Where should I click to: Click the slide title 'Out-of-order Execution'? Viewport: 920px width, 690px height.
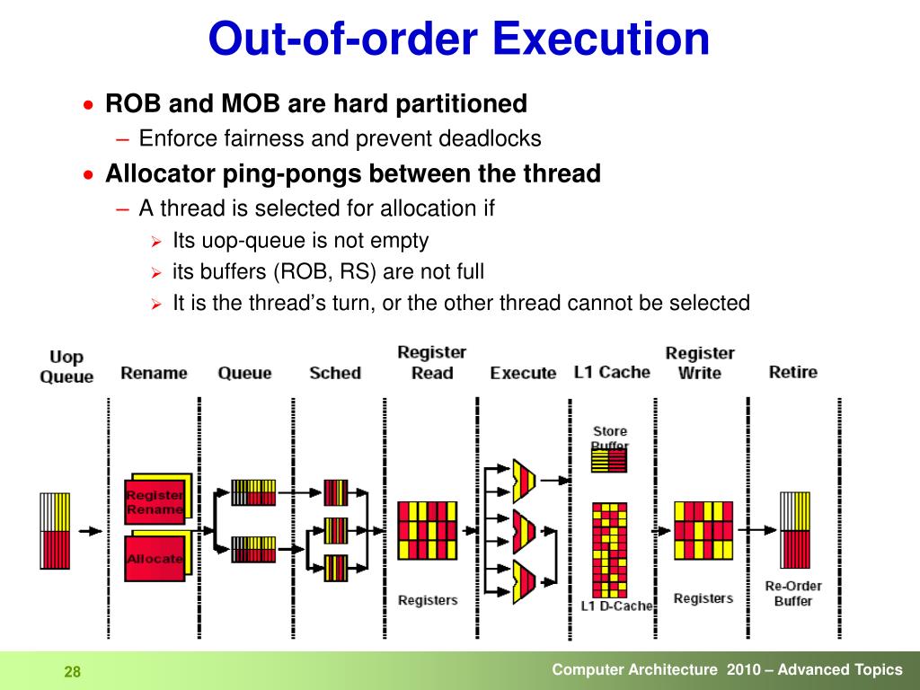pyautogui.click(x=459, y=40)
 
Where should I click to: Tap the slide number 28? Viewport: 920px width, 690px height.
pyautogui.click(x=72, y=673)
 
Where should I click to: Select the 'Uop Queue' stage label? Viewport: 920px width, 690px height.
pyautogui.click(x=66, y=367)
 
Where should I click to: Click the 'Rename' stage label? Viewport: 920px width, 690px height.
pyautogui.click(x=154, y=373)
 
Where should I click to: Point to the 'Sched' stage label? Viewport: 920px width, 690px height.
pyautogui.click(x=335, y=373)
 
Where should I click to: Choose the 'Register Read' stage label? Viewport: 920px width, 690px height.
pyautogui.click(x=431, y=362)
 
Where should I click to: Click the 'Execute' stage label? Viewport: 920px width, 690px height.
pyautogui.click(x=523, y=373)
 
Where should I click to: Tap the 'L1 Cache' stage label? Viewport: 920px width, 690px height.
pyautogui.click(x=612, y=372)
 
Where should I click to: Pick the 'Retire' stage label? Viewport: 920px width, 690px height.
pyautogui.click(x=792, y=372)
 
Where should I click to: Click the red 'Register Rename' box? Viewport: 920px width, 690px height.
pyautogui.click(x=155, y=501)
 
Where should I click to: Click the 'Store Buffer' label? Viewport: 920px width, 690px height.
pyautogui.click(x=610, y=438)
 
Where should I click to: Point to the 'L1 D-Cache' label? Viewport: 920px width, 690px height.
pyautogui.click(x=616, y=606)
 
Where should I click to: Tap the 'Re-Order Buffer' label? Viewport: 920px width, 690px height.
pyautogui.click(x=792, y=594)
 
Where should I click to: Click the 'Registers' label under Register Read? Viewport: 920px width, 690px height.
pyautogui.click(x=428, y=599)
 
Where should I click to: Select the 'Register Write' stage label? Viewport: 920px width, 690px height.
pyautogui.click(x=700, y=363)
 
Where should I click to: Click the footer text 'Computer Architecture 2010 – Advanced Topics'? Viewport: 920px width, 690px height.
pyautogui.click(x=727, y=669)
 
